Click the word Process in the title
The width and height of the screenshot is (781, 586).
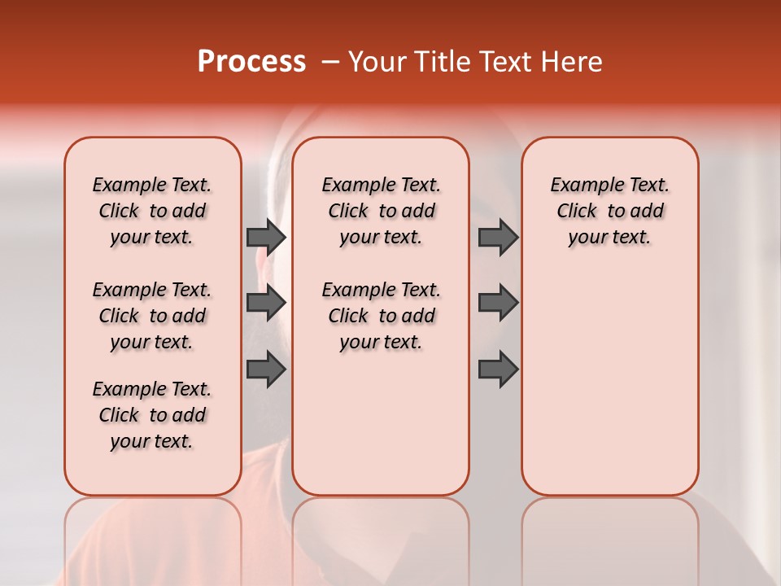pyautogui.click(x=251, y=62)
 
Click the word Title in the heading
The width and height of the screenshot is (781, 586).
pyautogui.click(x=437, y=62)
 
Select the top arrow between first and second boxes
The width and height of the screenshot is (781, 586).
pyautogui.click(x=266, y=237)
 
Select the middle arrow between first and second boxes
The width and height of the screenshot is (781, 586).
pyautogui.click(x=266, y=303)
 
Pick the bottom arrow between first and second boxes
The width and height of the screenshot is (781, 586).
pyautogui.click(x=266, y=370)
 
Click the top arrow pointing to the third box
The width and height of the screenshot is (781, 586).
pyautogui.click(x=498, y=237)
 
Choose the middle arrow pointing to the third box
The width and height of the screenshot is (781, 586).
pyautogui.click(x=498, y=303)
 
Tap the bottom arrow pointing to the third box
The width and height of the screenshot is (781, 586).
pyautogui.click(x=498, y=370)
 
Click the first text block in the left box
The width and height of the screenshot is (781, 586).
pyautogui.click(x=152, y=211)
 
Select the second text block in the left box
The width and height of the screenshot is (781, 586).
pyautogui.click(x=152, y=316)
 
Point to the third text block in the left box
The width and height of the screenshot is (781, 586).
pyautogui.click(x=152, y=415)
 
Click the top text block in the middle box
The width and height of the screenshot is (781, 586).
pyautogui.click(x=381, y=211)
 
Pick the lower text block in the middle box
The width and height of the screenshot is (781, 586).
pyautogui.click(x=381, y=316)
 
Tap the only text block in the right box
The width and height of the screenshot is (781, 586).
pyautogui.click(x=609, y=211)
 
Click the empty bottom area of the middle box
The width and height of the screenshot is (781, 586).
pyautogui.click(x=381, y=431)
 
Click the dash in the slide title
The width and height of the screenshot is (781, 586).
pyautogui.click(x=330, y=62)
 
